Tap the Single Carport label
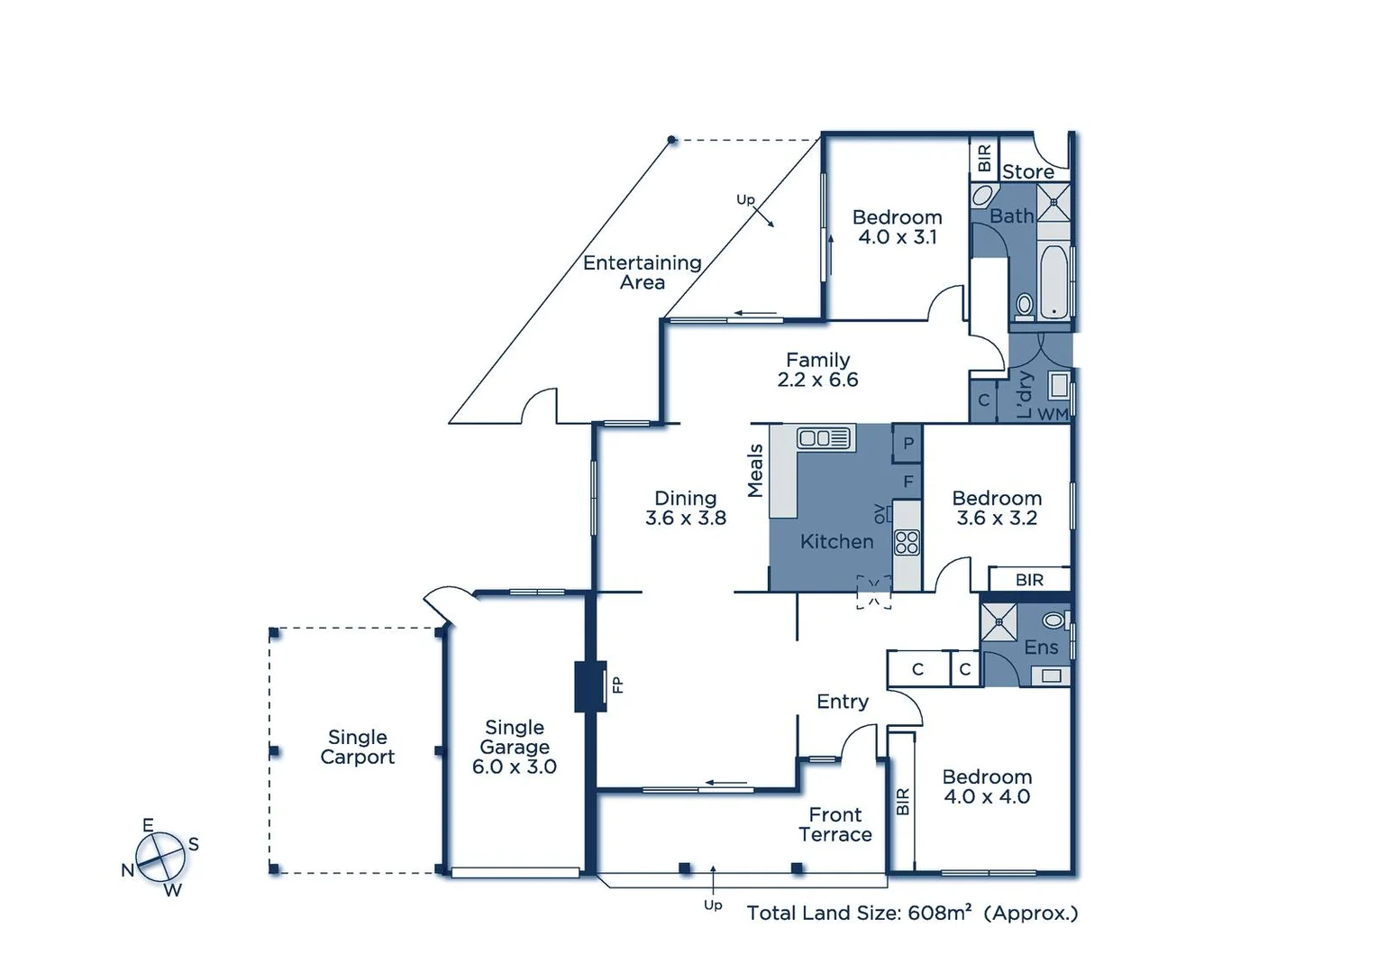pos(358,748)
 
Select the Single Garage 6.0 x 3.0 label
pos(515,747)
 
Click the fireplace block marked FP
pos(590,686)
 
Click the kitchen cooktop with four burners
pos(907,542)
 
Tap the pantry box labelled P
pos(908,443)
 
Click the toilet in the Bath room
pos(1024,305)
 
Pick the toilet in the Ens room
pos(1053,620)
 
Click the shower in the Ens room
pos(999,622)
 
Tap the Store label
pos(1028,171)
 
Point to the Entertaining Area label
pos(643,272)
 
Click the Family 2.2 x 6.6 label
pos(817,370)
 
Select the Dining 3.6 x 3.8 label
pos(686,508)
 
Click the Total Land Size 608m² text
pos(912,913)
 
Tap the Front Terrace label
pos(835,824)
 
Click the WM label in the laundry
pos(1053,414)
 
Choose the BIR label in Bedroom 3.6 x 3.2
pos(1029,580)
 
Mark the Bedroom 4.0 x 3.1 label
pos(898,227)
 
